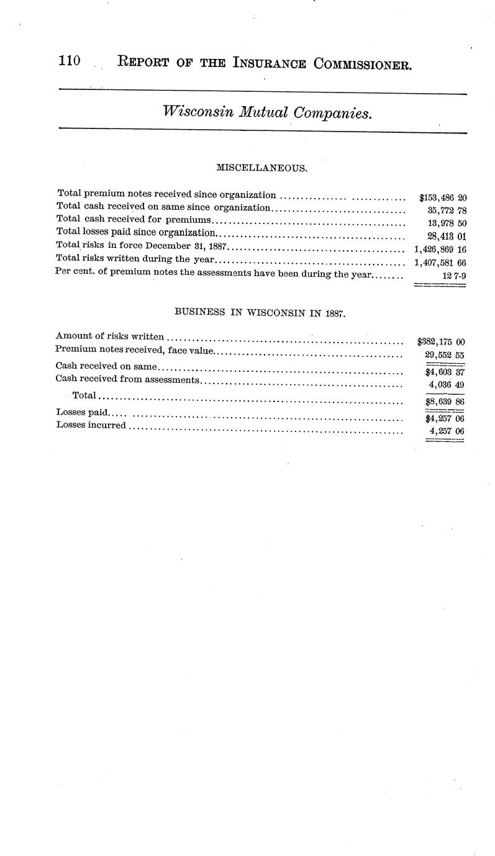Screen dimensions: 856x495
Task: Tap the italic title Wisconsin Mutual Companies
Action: [x=266, y=112]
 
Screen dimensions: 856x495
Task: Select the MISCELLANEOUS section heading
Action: [x=261, y=168]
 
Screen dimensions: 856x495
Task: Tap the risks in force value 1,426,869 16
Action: [x=440, y=249]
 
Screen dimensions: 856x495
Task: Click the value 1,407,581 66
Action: [x=440, y=262]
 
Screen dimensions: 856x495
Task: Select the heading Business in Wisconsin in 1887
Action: [x=260, y=313]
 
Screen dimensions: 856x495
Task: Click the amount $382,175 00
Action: [x=442, y=341]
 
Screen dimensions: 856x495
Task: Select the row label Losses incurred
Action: [x=91, y=425]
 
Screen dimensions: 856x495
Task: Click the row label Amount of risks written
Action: [x=110, y=336]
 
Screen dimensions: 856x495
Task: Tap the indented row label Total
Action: [x=84, y=395]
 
